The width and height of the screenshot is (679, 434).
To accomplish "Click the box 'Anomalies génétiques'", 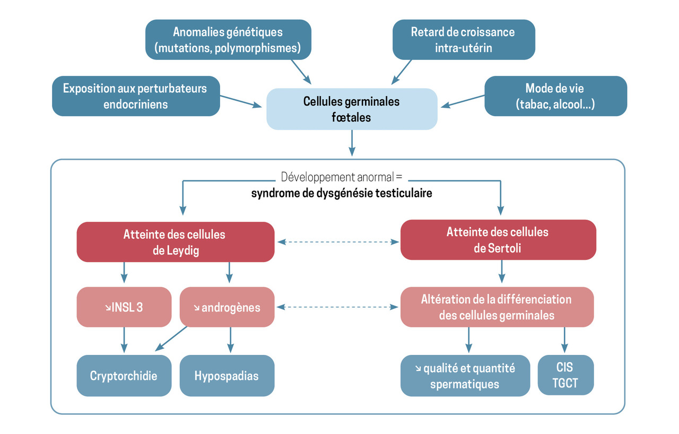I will (228, 39).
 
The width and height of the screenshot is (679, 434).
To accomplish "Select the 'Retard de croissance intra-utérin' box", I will (463, 39).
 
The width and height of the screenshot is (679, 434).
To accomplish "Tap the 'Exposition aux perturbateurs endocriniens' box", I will (136, 96).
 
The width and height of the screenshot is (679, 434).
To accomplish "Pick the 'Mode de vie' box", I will (555, 96).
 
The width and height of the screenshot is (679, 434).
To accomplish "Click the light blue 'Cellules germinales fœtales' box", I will (352, 109).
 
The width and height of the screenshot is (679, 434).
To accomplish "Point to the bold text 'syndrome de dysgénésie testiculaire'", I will (342, 193).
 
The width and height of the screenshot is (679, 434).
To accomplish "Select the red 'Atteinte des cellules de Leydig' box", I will (176, 242).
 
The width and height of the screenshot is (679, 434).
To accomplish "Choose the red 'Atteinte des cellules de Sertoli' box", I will (498, 240).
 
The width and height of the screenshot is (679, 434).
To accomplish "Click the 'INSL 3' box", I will (124, 307).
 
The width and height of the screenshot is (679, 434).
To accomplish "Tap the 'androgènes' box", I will (227, 307).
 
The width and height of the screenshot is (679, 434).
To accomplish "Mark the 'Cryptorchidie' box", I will (124, 376).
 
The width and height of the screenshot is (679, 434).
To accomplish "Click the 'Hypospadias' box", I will (227, 376).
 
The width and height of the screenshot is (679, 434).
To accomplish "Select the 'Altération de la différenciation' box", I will (497, 307).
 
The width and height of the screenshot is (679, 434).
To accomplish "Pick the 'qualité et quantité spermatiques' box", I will (465, 376).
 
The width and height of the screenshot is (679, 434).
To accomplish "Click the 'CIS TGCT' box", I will (565, 375).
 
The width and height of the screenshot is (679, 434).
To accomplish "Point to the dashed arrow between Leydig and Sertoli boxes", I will (337, 242).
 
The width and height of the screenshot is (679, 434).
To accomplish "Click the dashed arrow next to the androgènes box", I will (337, 307).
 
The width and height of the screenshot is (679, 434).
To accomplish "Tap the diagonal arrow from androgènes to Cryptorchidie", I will (171, 338).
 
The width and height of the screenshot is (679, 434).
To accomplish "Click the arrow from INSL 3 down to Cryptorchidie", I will (124, 340).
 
